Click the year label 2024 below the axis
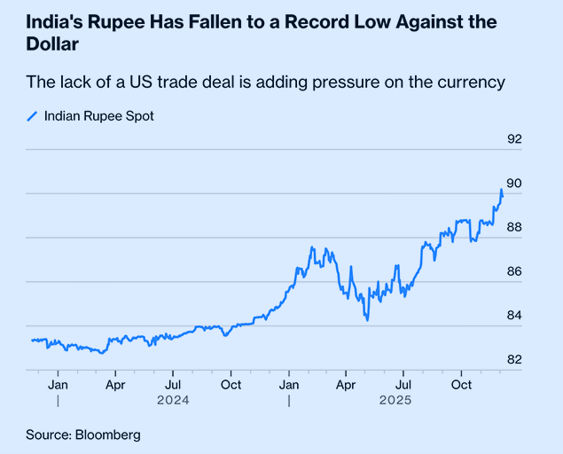click(173, 401)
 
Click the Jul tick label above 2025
click(403, 386)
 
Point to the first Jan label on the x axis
click(58, 386)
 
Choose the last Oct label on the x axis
click(461, 386)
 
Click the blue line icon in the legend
click(33, 116)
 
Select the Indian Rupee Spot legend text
click(98, 116)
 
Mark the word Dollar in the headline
click(51, 43)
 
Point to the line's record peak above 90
click(501, 190)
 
